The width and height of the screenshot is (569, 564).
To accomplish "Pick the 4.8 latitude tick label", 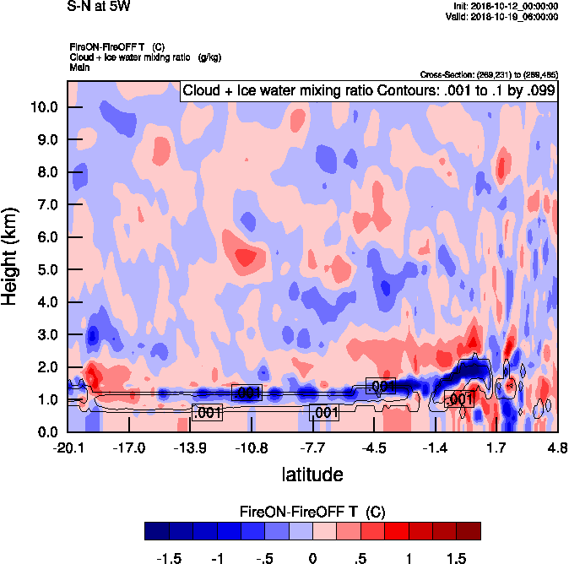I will point(555,447).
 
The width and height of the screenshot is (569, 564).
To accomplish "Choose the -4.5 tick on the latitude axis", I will point(374,447).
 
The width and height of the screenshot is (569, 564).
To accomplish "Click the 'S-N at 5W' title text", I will point(99,7).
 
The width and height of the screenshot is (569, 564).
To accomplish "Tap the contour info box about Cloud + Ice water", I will point(367,90).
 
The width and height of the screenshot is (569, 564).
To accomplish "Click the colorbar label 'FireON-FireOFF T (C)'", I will point(312,512).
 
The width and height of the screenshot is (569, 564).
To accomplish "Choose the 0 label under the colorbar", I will point(312,558).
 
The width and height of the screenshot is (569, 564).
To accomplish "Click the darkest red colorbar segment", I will point(469,530).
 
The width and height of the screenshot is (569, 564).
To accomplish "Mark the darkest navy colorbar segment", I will point(156,530).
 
